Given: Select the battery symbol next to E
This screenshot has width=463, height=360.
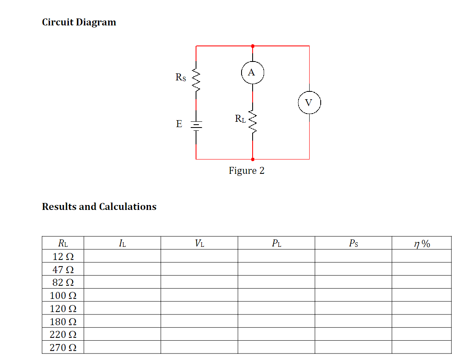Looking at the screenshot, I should coord(196,125).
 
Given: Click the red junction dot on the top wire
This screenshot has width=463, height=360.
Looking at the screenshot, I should coord(252,46).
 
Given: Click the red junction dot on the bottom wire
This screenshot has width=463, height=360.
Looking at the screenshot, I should coord(252,159).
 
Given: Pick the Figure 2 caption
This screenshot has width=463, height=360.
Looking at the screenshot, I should coord(246,171).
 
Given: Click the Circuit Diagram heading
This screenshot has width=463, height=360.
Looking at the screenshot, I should coord(79,22).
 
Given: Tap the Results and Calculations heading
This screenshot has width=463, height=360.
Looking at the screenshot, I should coord(99,207).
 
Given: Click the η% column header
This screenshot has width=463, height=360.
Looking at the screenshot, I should coord(422,244).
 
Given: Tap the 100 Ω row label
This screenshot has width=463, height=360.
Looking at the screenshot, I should coord(63,296).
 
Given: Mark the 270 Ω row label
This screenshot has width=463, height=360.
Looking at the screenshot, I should coord(63,348).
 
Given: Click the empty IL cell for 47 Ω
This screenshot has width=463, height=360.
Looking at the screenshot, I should coord(122,269).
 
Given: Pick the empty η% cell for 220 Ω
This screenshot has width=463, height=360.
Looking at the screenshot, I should coord(422,335).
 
